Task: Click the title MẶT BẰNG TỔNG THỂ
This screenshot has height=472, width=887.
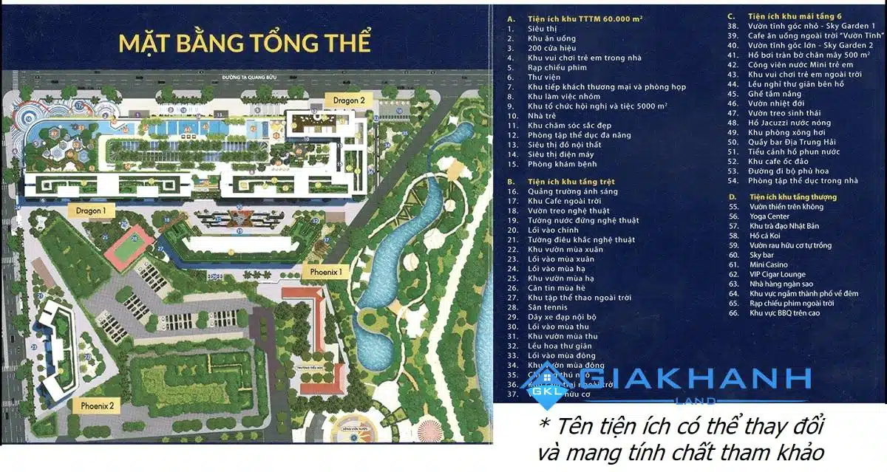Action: click(244, 42)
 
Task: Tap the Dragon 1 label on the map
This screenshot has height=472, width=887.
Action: click(96, 211)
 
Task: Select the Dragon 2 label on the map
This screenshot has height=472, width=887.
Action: click(349, 100)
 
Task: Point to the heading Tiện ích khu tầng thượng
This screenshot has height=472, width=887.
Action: click(792, 197)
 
